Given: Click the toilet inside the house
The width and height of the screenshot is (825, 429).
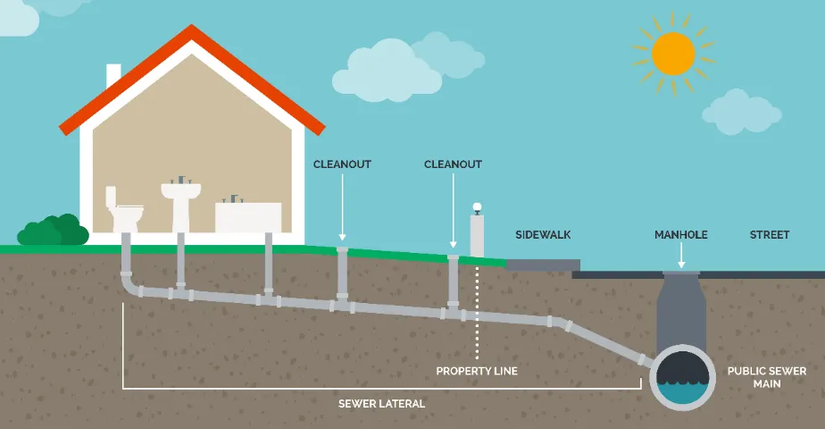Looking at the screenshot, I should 124,212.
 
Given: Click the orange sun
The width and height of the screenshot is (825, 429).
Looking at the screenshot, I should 673,53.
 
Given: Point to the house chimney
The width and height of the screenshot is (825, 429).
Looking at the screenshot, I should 113,77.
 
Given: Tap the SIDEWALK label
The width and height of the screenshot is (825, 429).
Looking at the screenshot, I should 543,235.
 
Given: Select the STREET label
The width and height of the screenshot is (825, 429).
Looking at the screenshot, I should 770,235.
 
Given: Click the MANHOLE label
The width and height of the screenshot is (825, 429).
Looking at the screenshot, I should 680,235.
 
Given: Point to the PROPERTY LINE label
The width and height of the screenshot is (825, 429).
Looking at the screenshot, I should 477,370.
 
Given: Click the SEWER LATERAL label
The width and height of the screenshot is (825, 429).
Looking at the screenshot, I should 381,404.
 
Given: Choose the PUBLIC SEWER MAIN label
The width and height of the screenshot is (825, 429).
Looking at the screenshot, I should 766,377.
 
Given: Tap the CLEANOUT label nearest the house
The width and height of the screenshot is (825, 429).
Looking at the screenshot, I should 342,164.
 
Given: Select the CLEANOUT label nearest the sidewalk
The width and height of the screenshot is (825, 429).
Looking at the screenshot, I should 453,164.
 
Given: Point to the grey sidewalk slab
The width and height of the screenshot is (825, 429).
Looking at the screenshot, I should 543,265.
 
